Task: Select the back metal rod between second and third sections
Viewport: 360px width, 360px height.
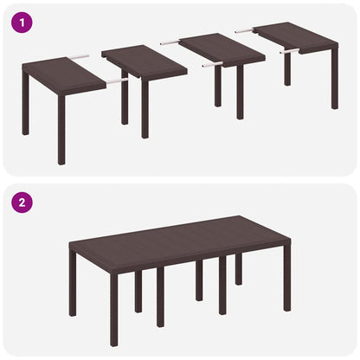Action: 169,42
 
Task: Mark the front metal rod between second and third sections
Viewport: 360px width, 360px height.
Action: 212,64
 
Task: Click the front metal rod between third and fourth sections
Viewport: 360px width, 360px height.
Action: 289,51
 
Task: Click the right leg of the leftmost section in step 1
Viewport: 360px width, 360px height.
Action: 61,138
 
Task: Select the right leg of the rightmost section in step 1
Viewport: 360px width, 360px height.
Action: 334,83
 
